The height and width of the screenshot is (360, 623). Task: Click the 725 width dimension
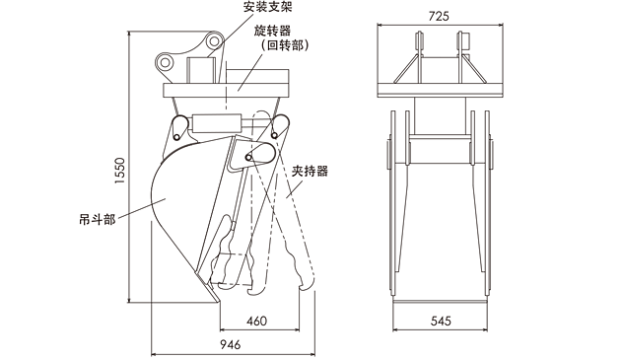439,16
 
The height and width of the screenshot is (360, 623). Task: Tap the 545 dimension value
441,321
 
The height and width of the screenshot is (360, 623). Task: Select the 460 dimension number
256,321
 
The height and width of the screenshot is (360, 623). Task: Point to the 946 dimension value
231,344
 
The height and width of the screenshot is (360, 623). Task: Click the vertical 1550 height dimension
119,171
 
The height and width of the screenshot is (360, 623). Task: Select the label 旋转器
272,31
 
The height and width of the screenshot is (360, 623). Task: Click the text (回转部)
285,45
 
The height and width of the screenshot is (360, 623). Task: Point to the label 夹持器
310,172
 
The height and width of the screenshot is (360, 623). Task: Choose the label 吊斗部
98,219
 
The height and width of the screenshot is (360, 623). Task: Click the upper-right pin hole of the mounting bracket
214,40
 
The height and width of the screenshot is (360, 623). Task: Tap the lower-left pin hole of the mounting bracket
164,62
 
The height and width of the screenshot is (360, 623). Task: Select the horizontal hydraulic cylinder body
217,123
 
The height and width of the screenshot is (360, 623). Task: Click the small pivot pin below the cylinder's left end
176,137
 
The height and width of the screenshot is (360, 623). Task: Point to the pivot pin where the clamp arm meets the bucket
248,158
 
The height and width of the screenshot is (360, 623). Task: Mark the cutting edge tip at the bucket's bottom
218,301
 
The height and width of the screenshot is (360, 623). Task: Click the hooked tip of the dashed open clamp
305,286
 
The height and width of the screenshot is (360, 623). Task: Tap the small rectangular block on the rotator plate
201,70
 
